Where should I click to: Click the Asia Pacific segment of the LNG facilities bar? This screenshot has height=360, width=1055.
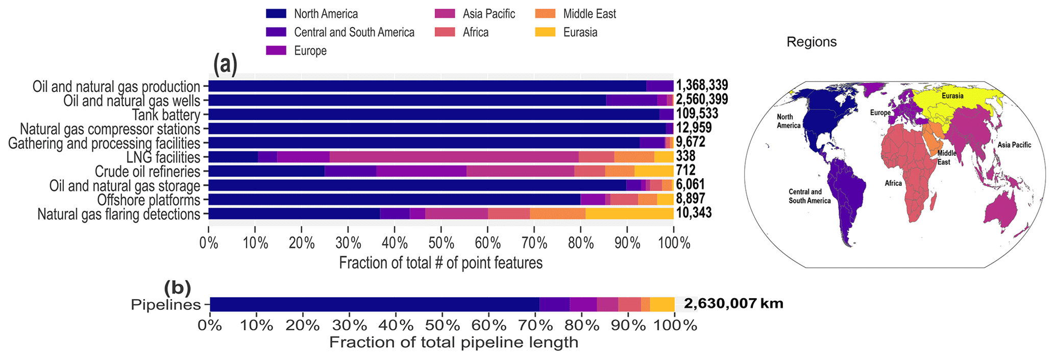pos(454,157)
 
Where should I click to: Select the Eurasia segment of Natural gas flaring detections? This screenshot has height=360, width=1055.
pos(629,213)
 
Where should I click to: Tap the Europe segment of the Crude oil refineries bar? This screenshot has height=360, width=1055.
pos(421,171)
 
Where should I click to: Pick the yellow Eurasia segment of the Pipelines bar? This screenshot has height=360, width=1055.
pos(662,304)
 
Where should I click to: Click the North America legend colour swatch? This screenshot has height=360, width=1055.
pos(276,14)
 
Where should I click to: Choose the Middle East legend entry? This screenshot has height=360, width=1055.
pos(590,14)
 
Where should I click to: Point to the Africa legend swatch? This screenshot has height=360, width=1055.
pos(445,32)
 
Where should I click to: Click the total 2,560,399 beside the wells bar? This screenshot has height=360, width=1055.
pos(702,100)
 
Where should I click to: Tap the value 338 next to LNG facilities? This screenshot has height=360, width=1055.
pos(685,156)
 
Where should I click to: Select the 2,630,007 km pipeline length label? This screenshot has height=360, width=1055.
pos(733,304)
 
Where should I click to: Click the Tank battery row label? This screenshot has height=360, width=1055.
pos(166,115)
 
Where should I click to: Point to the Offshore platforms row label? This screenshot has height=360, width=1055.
pos(149,200)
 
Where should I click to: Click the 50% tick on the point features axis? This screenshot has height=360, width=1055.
pos(441,243)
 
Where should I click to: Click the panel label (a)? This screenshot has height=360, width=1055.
pos(225,65)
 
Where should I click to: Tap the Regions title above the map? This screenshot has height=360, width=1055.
pos(811,42)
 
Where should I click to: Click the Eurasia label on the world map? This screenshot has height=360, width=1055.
pos(952,96)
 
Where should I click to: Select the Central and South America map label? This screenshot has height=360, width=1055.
pos(809,197)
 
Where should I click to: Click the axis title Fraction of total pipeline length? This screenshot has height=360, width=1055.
pos(453,342)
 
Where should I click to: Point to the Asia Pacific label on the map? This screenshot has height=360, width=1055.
pos(1014,145)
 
